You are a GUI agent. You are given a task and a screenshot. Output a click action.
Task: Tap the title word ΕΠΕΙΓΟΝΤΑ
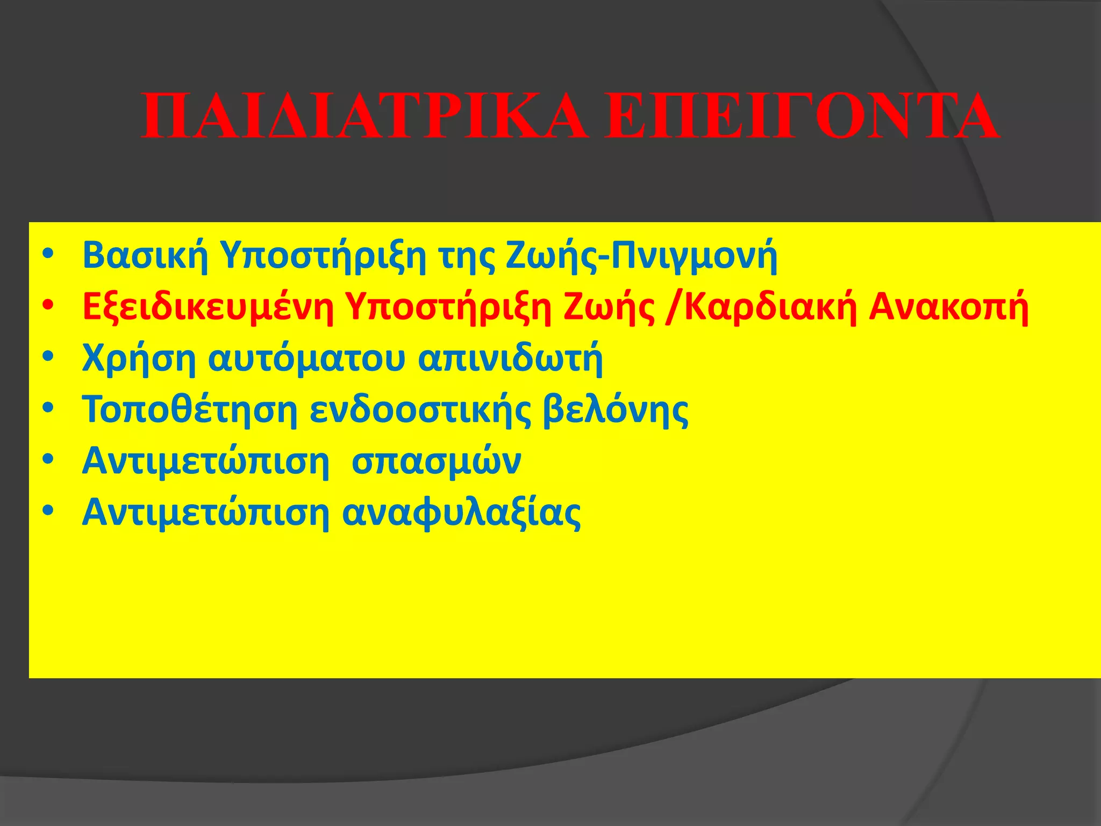pos(801,117)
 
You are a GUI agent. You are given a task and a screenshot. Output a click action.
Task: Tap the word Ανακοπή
pos(949,308)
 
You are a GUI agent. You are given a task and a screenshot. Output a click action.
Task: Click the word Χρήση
pos(139,359)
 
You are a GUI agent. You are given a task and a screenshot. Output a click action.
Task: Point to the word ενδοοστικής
pos(420,410)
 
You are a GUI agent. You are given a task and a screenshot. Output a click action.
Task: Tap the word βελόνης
pos(616,410)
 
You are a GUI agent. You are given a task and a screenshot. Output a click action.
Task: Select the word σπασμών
pos(436,461)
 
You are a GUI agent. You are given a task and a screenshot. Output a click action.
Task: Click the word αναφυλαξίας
pos(462,513)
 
